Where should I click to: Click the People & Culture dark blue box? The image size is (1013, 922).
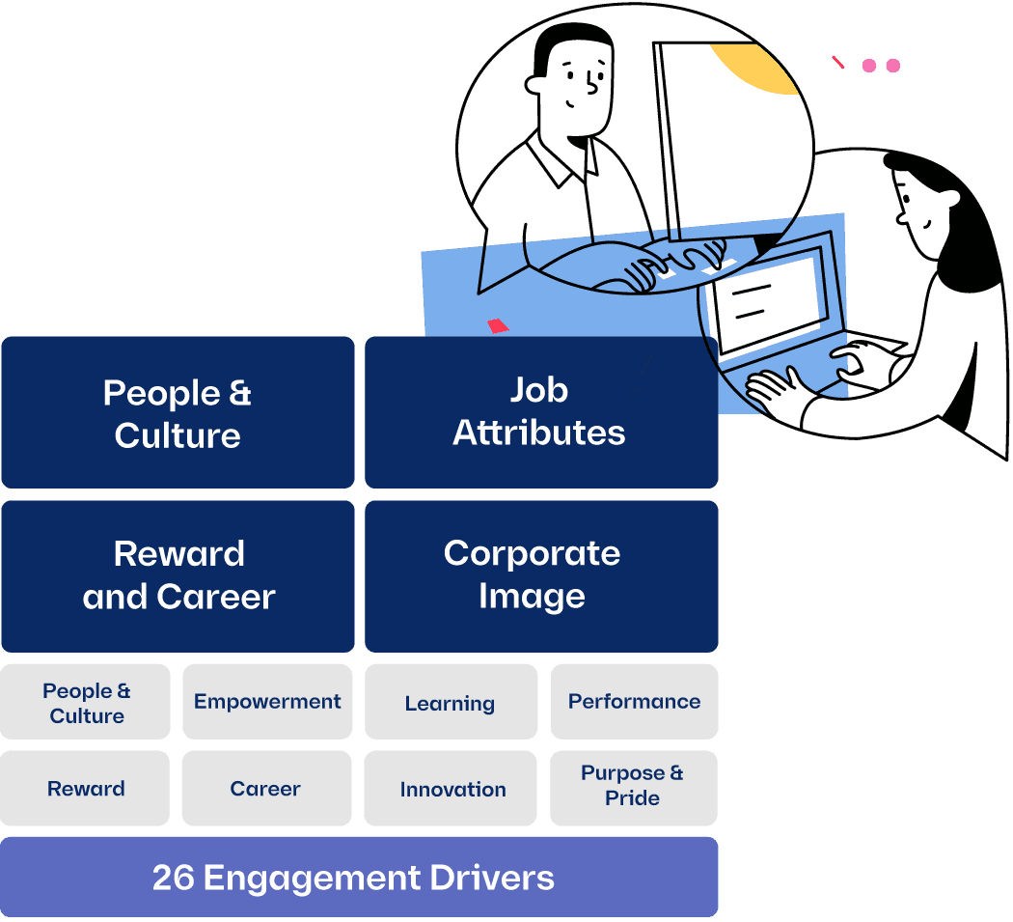(x=178, y=413)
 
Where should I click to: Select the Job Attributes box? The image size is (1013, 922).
(x=540, y=412)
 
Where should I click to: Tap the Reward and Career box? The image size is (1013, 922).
(x=178, y=575)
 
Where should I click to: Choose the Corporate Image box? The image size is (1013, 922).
(x=540, y=575)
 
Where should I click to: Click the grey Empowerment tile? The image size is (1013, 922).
(x=267, y=702)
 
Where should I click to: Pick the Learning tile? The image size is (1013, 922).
(x=451, y=703)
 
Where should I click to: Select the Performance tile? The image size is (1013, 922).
(x=634, y=702)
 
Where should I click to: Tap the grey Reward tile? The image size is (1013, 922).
(x=86, y=789)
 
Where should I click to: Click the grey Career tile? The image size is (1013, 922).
(x=265, y=789)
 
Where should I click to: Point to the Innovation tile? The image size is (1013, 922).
(x=452, y=789)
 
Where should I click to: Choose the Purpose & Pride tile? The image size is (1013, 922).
(x=633, y=787)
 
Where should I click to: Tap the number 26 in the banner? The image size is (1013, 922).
(x=174, y=878)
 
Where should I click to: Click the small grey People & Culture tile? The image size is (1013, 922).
(x=86, y=703)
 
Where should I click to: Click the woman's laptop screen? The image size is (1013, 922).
(x=767, y=304)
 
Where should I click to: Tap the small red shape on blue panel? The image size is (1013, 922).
(x=498, y=325)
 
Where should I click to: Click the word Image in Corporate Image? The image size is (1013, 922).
(x=532, y=597)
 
